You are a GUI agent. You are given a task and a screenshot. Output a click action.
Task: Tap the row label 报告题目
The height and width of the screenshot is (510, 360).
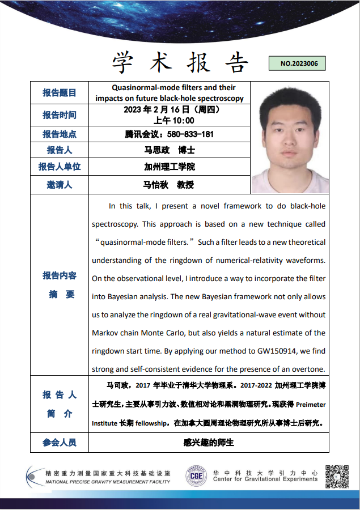coord(60,93)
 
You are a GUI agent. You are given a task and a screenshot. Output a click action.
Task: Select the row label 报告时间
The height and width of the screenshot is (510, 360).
coord(60,115)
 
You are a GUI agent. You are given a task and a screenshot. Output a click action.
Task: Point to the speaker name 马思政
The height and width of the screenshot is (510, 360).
coord(156,151)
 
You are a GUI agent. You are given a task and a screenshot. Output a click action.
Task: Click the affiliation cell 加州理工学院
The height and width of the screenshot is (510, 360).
coord(170,167)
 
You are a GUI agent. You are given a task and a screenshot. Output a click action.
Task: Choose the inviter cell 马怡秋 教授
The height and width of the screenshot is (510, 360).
coord(169,185)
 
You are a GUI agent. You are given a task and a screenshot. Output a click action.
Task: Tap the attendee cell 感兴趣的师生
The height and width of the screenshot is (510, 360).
coord(209,443)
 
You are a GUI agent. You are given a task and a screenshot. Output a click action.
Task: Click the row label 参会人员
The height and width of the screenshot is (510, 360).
coord(60,443)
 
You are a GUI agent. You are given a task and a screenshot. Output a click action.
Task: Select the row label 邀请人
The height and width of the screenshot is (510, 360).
coord(60,185)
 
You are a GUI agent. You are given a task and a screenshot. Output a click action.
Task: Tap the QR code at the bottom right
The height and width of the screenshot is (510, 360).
coord(336,475)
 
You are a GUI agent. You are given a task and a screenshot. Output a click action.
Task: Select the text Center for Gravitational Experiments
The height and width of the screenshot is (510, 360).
coord(265,479)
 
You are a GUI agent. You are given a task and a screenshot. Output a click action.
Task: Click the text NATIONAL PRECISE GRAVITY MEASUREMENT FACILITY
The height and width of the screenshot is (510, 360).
coord(108,482)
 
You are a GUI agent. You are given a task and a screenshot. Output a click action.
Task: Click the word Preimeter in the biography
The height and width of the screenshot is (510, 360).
coord(311,405)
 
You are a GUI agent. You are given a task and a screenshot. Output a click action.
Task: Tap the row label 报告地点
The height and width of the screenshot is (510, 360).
coord(60,134)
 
